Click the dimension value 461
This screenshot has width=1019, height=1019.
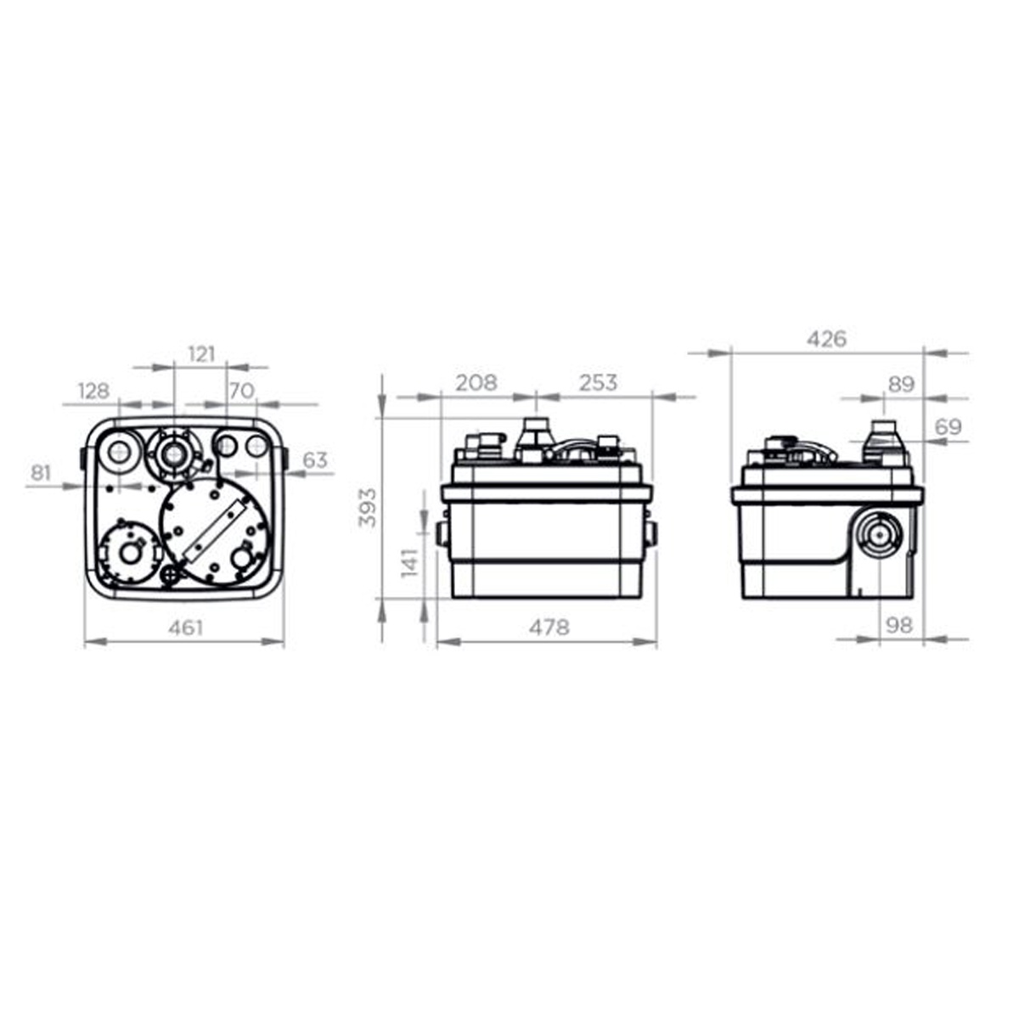[186, 628]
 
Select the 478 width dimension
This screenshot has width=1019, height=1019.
[549, 628]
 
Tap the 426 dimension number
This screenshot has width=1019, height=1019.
[826, 339]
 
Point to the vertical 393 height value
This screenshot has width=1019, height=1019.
[368, 508]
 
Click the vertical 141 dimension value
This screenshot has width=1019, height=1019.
[410, 563]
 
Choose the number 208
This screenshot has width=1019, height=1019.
[476, 382]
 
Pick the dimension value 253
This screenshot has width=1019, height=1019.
[598, 382]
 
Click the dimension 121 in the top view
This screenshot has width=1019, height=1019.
[201, 354]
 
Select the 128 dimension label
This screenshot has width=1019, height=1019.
[93, 391]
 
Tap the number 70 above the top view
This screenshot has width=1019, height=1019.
[242, 391]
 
